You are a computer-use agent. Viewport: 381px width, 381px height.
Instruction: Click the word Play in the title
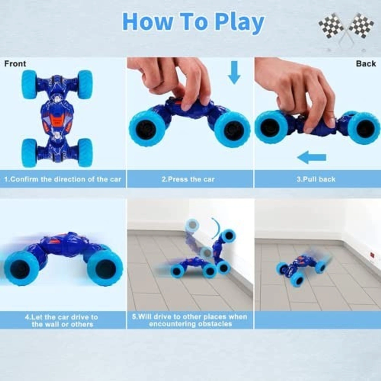pos(239,22)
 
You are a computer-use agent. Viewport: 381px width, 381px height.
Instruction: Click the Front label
pos(15,64)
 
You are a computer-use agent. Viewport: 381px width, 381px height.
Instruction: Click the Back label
pos(366,64)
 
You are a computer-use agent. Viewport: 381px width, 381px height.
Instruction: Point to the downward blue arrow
pos(234,72)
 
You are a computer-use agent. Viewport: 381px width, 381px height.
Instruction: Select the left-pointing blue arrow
pos(312,157)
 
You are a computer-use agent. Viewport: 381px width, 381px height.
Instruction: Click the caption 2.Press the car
pos(188,179)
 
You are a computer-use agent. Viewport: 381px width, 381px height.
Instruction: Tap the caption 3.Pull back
pos(316,179)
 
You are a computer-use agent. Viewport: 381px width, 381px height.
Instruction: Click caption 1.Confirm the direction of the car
pos(63,179)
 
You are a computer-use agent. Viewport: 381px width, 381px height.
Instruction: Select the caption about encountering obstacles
pos(190,320)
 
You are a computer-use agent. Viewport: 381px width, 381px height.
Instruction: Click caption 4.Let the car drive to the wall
pos(62,320)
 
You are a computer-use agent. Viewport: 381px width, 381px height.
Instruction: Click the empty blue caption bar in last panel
pos(317,320)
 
